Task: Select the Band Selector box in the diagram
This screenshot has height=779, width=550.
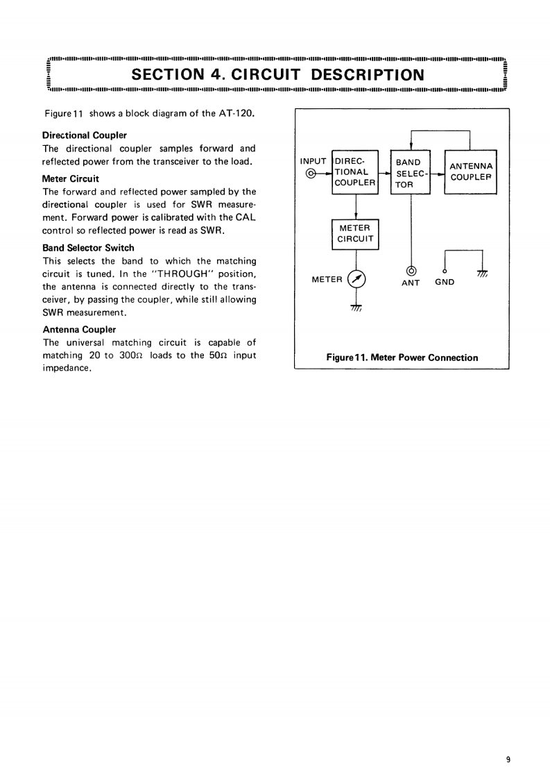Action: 411,172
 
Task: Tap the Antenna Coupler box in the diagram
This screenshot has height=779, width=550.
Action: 471,172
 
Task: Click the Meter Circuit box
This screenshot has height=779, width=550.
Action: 355,234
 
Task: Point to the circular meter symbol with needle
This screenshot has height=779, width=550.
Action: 356,279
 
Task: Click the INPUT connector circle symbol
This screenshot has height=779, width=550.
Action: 311,173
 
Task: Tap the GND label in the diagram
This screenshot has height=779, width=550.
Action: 444,282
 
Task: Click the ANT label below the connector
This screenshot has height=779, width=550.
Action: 411,283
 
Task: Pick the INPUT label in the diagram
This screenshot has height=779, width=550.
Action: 313,160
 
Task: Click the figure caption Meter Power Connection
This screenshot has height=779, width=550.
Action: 402,358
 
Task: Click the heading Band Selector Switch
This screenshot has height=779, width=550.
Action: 89,247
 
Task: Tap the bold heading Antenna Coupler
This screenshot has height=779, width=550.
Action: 79,329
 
